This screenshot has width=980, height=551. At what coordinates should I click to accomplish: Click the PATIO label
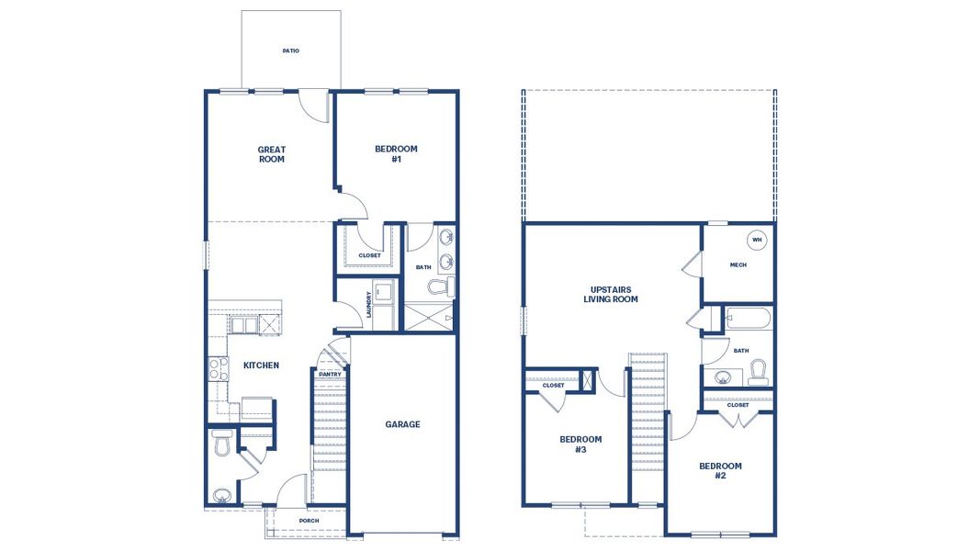(x=290, y=51)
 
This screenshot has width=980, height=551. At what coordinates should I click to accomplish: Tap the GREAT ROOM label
(x=271, y=154)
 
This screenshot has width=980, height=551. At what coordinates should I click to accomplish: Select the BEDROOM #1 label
(x=396, y=154)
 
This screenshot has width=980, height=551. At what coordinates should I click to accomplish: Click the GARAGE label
(x=402, y=424)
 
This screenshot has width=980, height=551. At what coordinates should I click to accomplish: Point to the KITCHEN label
(x=261, y=365)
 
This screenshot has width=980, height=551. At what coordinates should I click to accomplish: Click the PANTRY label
(x=330, y=374)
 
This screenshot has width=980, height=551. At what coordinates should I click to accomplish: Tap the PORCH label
(x=309, y=521)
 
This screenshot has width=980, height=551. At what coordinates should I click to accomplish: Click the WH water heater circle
(x=757, y=241)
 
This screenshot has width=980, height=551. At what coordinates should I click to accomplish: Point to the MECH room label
(x=738, y=265)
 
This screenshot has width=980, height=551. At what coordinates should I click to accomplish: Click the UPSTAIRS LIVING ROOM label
(x=611, y=294)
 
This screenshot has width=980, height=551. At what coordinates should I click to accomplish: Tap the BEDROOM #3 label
(x=580, y=444)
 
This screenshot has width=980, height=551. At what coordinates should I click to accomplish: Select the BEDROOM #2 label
(x=720, y=471)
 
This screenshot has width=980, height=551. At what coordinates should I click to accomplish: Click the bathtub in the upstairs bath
(x=748, y=320)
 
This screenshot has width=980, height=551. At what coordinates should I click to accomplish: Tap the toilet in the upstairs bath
(x=758, y=372)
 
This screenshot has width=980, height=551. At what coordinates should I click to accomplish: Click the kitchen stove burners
(x=219, y=369)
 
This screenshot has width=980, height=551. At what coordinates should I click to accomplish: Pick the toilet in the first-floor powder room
(x=220, y=444)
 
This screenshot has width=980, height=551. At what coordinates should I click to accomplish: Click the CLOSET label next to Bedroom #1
(x=369, y=255)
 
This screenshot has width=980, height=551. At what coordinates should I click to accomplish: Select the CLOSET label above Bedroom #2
(x=738, y=404)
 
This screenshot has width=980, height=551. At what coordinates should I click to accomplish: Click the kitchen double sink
(x=244, y=325)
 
